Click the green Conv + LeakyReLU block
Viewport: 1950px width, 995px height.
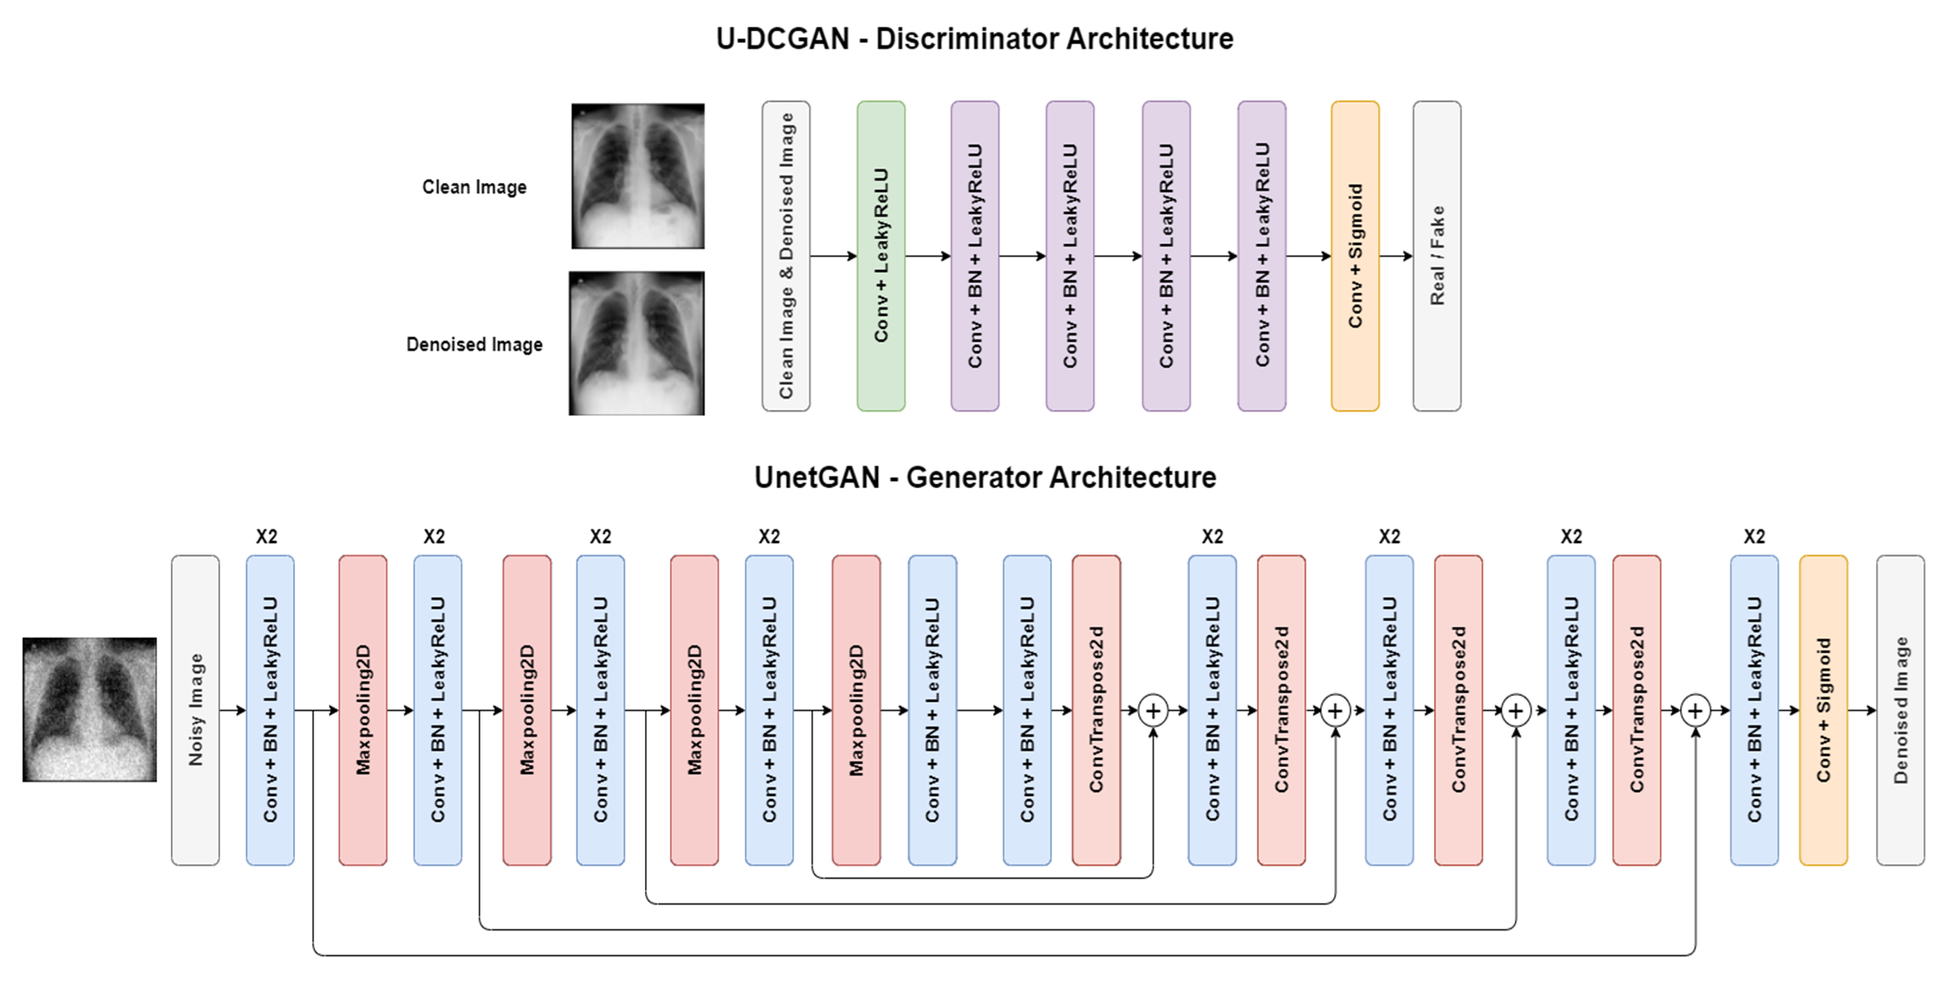(x=880, y=255)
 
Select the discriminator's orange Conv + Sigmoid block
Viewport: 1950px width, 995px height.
(x=1354, y=255)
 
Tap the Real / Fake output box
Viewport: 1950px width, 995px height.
(x=1437, y=255)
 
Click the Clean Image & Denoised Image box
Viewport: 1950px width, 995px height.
(x=786, y=255)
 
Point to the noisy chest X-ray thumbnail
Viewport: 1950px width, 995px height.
(x=89, y=709)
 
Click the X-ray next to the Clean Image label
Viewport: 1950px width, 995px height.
(x=638, y=176)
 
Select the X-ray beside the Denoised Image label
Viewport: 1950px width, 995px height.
(x=637, y=343)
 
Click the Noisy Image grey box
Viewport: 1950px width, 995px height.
(x=195, y=710)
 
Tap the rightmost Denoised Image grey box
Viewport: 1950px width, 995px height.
(x=1900, y=710)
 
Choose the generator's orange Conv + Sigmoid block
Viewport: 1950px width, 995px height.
(x=1823, y=710)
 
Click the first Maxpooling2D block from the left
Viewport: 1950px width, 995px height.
(x=363, y=710)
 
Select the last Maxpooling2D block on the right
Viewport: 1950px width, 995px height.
(x=856, y=710)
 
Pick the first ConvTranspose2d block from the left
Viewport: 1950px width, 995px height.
(x=1096, y=710)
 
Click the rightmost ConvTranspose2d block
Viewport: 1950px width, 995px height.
(x=1636, y=710)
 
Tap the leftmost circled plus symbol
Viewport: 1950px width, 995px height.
(x=1153, y=711)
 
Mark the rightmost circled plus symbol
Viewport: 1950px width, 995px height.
(x=1695, y=711)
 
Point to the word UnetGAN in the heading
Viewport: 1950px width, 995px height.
(x=817, y=478)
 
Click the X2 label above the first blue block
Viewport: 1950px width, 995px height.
(x=266, y=537)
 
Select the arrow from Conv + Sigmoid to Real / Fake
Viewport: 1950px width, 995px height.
(x=1395, y=256)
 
